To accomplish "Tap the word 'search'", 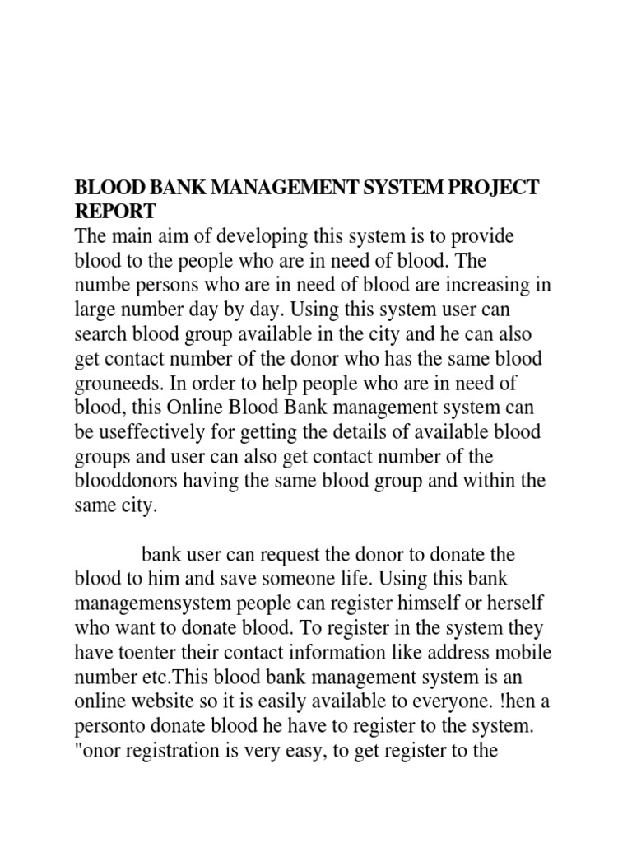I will (101, 336).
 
